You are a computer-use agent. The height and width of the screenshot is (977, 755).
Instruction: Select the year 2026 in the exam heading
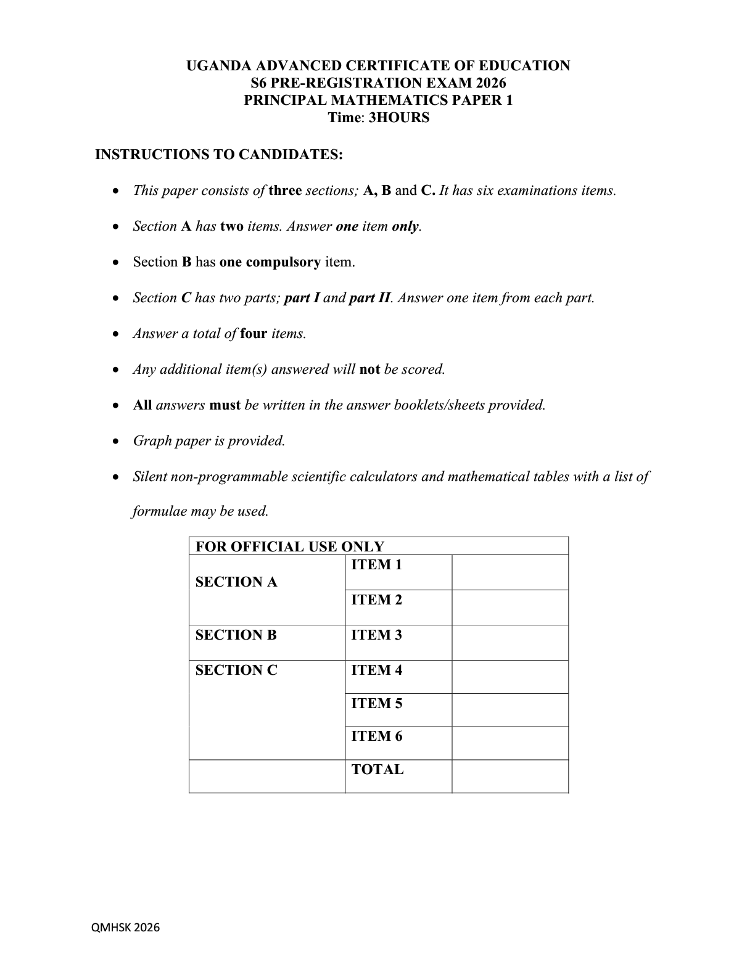pyautogui.click(x=490, y=83)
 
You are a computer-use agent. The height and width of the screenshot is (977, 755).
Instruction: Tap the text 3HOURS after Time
pyautogui.click(x=398, y=118)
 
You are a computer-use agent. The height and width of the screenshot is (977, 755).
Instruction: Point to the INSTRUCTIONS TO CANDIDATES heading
pyautogui.click(x=219, y=154)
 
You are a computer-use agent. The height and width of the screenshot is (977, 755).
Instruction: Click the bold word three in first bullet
pyautogui.click(x=285, y=191)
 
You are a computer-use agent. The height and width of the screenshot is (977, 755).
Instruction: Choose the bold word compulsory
pyautogui.click(x=283, y=262)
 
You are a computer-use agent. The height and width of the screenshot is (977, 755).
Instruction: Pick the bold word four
pyautogui.click(x=254, y=334)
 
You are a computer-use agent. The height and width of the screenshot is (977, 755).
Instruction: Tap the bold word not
pyautogui.click(x=369, y=369)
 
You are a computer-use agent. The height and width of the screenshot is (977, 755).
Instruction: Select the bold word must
pyautogui.click(x=225, y=405)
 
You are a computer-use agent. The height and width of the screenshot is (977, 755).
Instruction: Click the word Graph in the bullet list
pyautogui.click(x=152, y=441)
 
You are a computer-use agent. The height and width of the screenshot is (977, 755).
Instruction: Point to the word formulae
pyautogui.click(x=159, y=511)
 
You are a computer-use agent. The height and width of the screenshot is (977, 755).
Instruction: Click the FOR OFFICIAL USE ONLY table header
pyautogui.click(x=289, y=546)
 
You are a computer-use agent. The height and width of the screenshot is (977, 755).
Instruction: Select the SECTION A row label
pyautogui.click(x=236, y=582)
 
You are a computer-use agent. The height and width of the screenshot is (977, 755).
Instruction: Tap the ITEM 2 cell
pyautogui.click(x=376, y=600)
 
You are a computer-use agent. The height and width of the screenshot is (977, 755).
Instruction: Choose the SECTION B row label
pyautogui.click(x=236, y=635)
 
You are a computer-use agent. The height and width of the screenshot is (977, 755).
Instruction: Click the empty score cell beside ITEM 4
pyautogui.click(x=510, y=677)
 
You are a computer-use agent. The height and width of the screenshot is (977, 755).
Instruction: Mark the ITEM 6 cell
pyautogui.click(x=376, y=736)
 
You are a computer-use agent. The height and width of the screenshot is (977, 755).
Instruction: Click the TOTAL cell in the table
pyautogui.click(x=377, y=770)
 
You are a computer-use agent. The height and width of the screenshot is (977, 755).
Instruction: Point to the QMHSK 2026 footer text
pyautogui.click(x=125, y=927)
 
